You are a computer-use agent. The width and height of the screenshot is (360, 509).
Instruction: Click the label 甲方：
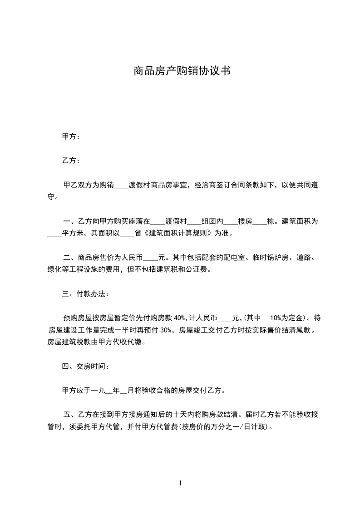click(x=71, y=137)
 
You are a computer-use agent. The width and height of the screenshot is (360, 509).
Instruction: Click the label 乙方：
click(x=71, y=161)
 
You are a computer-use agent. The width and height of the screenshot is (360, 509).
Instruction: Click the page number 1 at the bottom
click(x=180, y=483)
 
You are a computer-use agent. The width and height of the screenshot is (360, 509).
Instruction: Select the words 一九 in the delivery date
click(x=99, y=390)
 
